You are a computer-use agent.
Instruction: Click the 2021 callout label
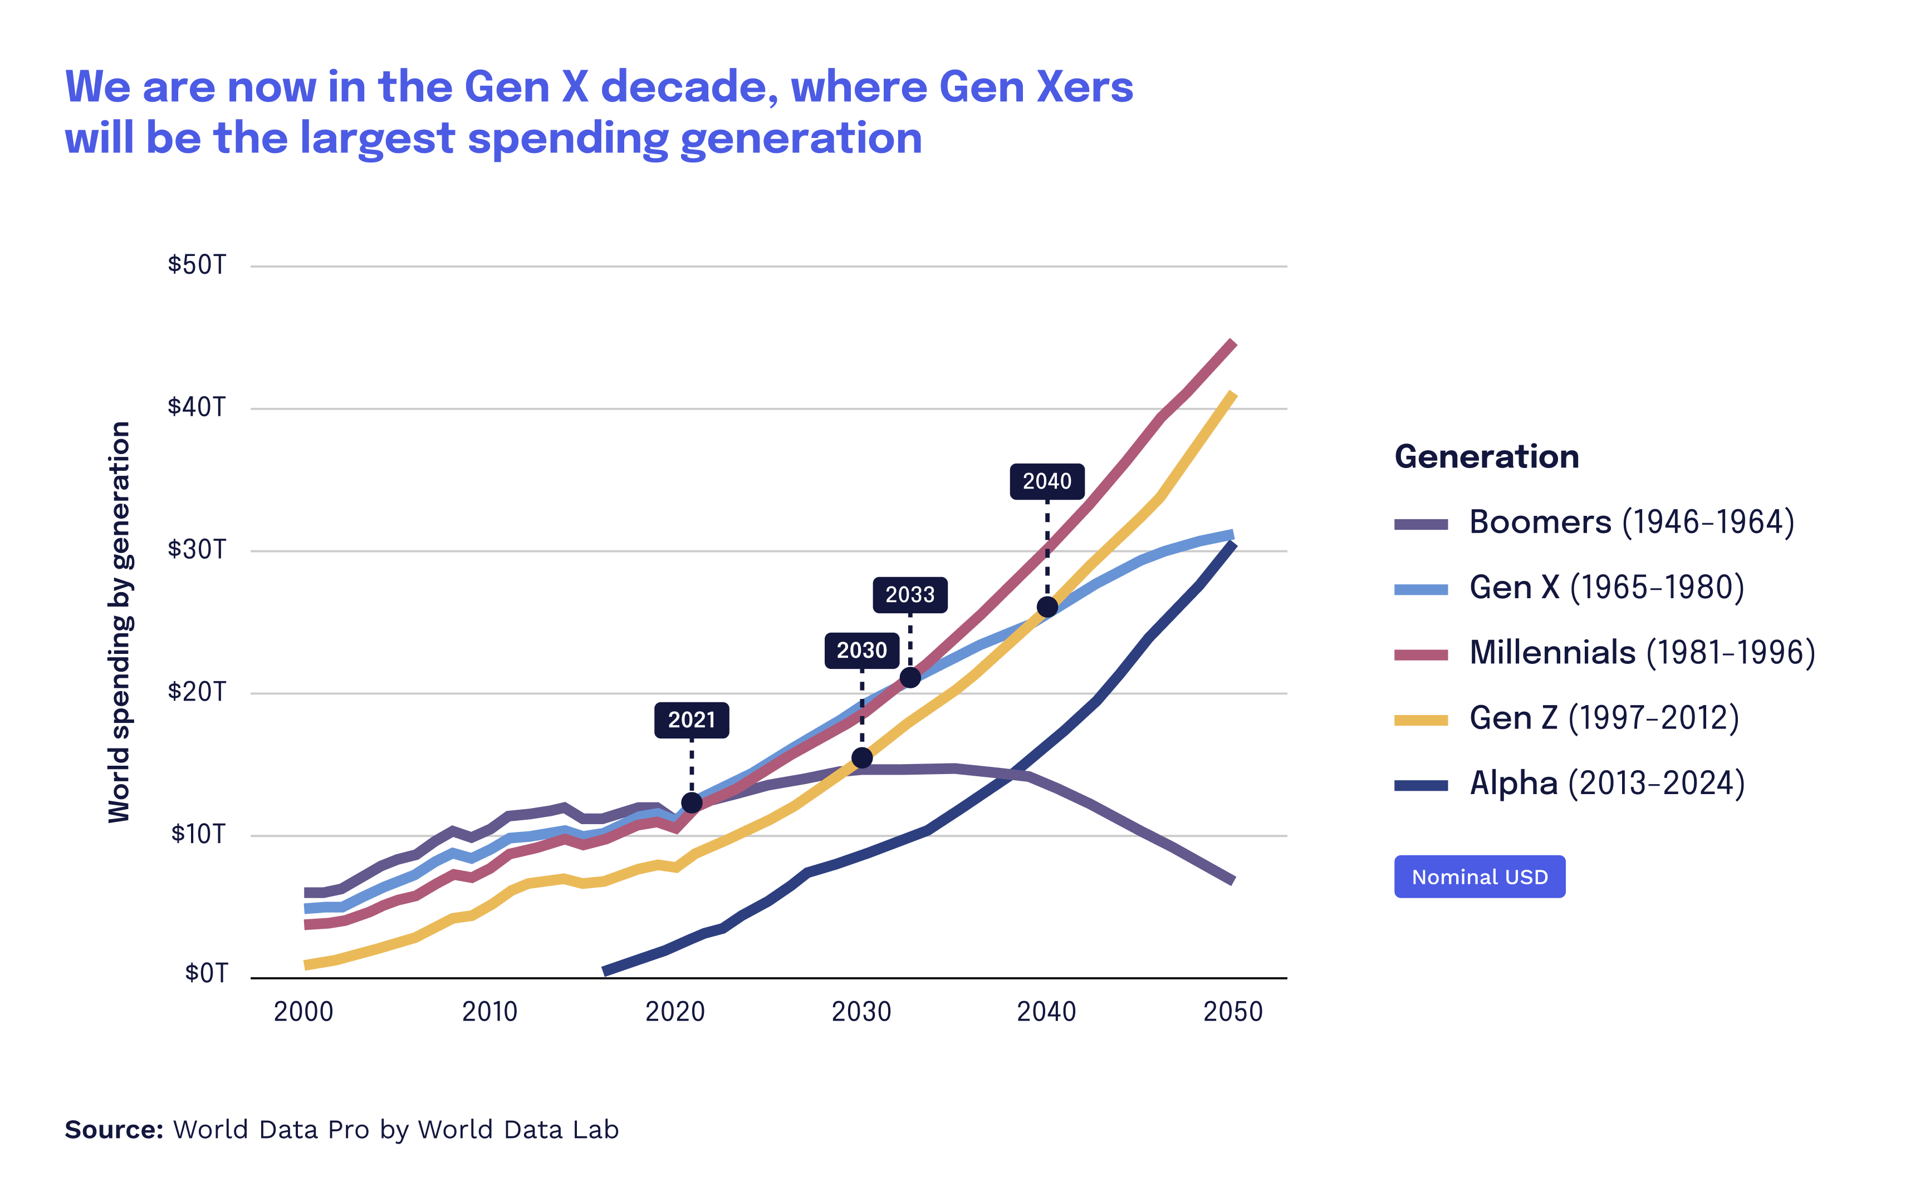click(x=691, y=720)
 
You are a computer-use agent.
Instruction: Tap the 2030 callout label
click(x=861, y=651)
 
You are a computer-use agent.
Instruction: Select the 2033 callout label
click(x=910, y=595)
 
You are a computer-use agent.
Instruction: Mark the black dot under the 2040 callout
click(x=1047, y=607)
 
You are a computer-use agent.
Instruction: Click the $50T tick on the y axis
click(x=197, y=265)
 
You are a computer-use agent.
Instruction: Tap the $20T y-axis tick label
click(x=197, y=692)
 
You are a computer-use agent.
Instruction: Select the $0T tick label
click(x=206, y=973)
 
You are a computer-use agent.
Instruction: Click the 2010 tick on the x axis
click(x=489, y=1012)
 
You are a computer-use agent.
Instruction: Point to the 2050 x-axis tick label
click(x=1232, y=1012)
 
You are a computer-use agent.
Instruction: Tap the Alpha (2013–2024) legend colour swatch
click(x=1421, y=785)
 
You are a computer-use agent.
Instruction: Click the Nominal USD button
click(x=1480, y=877)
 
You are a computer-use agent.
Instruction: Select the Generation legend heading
click(x=1486, y=456)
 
